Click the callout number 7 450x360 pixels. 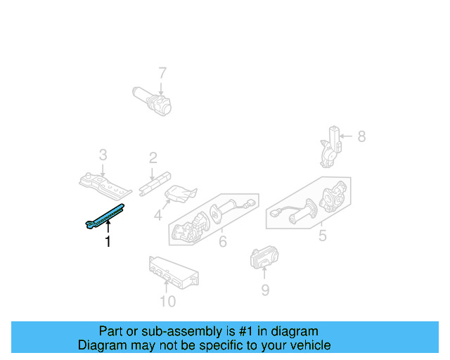point(162,72)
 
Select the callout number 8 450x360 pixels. point(361,136)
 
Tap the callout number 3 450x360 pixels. point(103,155)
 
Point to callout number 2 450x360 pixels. point(153,159)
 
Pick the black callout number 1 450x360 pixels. point(108,241)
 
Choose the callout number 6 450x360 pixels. point(222,243)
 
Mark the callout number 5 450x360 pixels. point(322,236)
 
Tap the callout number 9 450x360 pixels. point(265,289)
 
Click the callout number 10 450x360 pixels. point(167,302)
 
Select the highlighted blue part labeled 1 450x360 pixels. point(106,214)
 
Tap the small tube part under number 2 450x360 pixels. point(157,181)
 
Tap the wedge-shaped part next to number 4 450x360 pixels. point(179,194)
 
